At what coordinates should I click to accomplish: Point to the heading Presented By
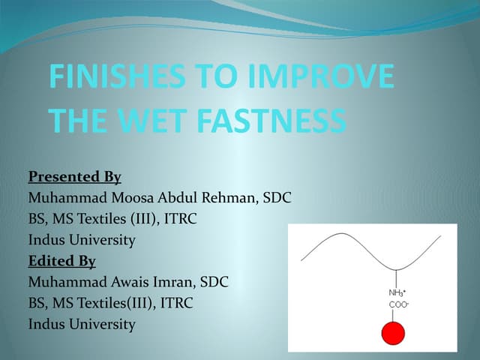pyautogui.click(x=74, y=177)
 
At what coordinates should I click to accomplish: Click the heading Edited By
pyautogui.click(x=61, y=261)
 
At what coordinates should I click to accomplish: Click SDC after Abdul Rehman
pyautogui.click(x=277, y=198)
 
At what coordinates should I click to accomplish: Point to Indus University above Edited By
pyautogui.click(x=82, y=240)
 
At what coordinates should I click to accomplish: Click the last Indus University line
pyautogui.click(x=82, y=325)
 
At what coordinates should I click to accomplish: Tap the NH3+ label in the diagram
pyautogui.click(x=397, y=292)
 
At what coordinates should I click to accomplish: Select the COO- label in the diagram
pyautogui.click(x=397, y=304)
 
